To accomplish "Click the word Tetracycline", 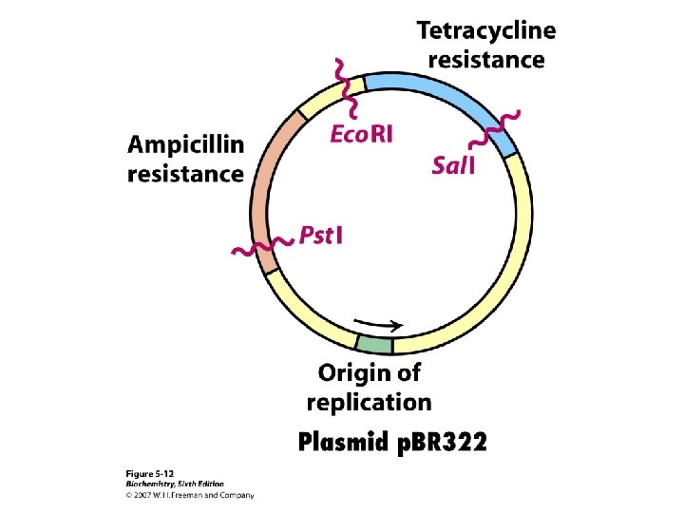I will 486,31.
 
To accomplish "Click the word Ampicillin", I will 186,145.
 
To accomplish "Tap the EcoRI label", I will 361,134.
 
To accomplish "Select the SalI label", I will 453,166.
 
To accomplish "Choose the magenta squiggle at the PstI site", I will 261,247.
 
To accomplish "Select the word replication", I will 369,401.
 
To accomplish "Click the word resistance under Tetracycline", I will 486,60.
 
